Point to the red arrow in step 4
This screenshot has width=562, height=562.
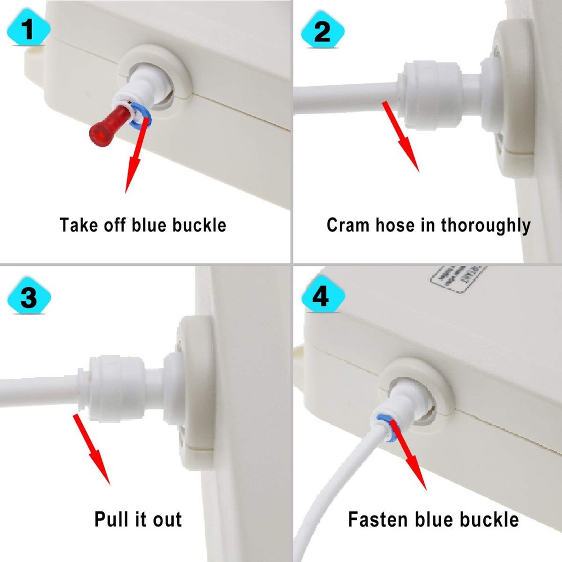[x=407, y=455]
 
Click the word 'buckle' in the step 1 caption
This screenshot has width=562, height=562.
[x=198, y=225]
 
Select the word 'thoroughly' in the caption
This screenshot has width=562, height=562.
[x=486, y=225]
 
